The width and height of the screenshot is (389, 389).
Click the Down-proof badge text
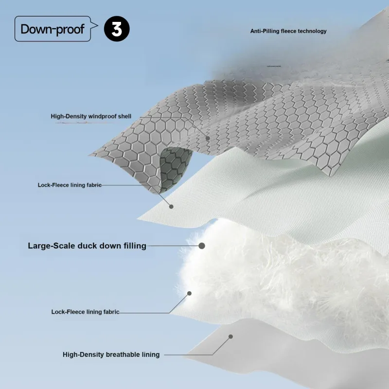point(52,29)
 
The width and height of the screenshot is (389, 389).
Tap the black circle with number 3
point(117,29)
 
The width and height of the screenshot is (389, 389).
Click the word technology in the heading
point(312,31)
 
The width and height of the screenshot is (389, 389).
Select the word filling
point(133,246)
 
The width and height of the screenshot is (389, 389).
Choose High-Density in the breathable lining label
point(80,354)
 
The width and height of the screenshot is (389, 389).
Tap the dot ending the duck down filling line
point(202,246)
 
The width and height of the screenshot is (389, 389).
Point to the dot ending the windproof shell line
point(208,138)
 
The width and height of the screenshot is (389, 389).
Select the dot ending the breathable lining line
point(231,336)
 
